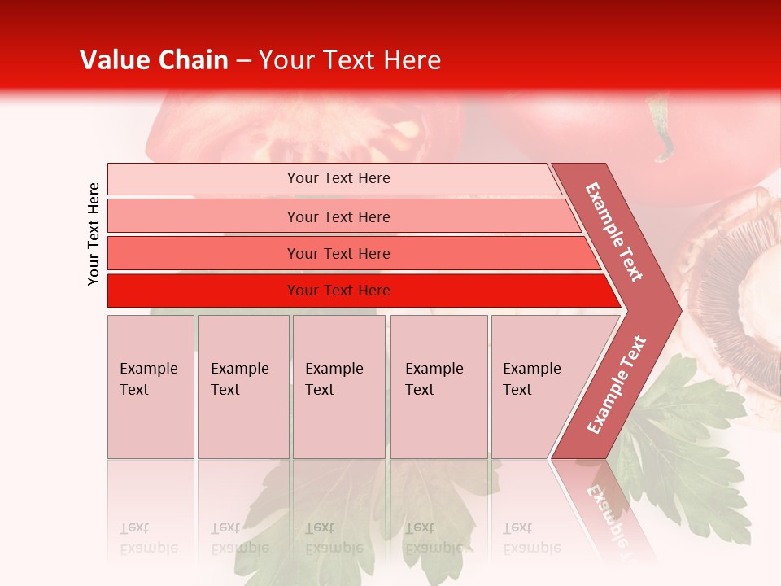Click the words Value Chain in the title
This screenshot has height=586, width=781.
pyautogui.click(x=154, y=60)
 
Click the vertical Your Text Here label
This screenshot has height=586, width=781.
pyautogui.click(x=94, y=234)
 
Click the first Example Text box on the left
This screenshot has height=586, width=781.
pyautogui.click(x=151, y=387)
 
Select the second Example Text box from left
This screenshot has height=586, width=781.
pyautogui.click(x=243, y=387)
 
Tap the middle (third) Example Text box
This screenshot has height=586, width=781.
pyautogui.click(x=338, y=387)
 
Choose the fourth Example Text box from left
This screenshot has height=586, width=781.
pyautogui.click(x=438, y=387)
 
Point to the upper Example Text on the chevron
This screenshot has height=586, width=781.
pyautogui.click(x=614, y=232)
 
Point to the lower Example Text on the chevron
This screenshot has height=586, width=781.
pyautogui.click(x=617, y=384)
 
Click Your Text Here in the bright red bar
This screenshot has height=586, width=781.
pyautogui.click(x=338, y=291)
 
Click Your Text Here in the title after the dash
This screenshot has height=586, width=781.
pyautogui.click(x=350, y=60)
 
